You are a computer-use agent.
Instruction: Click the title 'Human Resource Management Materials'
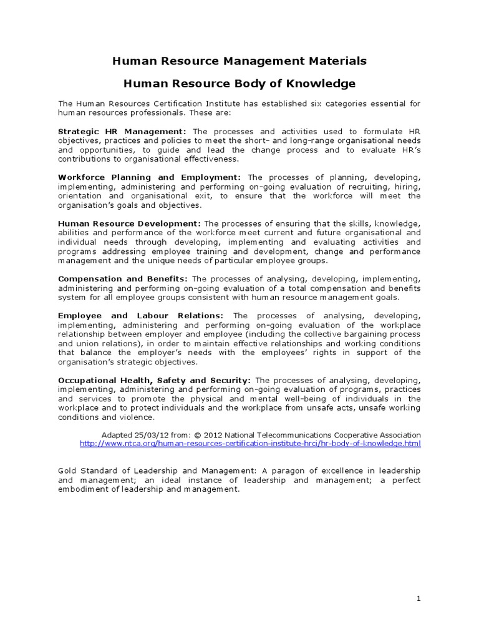point(239,61)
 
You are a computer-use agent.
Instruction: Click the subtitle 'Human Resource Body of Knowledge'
point(239,83)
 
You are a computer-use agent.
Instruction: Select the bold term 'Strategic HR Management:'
point(122,132)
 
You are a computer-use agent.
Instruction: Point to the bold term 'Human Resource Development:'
point(130,223)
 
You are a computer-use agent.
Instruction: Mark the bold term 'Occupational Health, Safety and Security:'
point(155,380)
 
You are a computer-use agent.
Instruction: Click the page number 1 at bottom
point(419,599)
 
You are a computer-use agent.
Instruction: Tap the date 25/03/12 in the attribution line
point(147,435)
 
